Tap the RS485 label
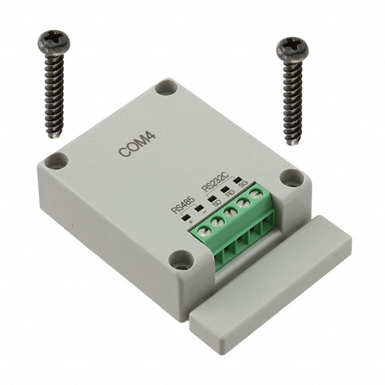(x=183, y=206)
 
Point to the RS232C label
(x=215, y=182)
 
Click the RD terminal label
(x=230, y=193)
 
